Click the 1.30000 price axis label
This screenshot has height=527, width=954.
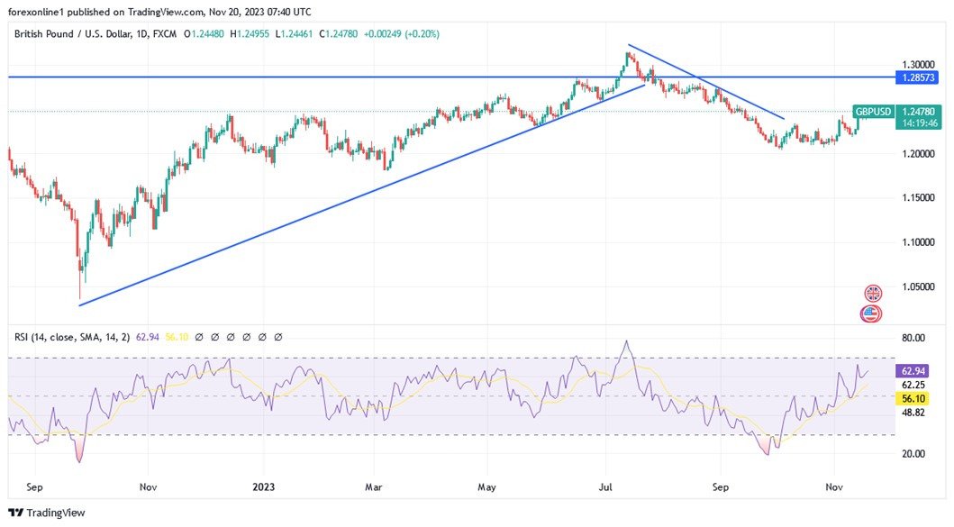pos(918,65)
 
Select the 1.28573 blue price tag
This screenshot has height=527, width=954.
pos(919,78)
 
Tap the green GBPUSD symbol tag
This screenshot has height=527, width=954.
pos(873,112)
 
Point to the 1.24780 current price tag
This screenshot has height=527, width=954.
pos(919,112)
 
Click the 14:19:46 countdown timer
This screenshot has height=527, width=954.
pos(918,124)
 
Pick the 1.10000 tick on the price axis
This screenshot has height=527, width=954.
pos(918,242)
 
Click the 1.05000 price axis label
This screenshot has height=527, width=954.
pos(918,287)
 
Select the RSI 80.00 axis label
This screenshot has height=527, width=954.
pos(913,338)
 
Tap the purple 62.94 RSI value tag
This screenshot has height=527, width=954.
pos(912,370)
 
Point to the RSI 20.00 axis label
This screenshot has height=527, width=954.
pos(913,453)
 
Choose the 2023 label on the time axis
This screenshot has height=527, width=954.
pos(264,487)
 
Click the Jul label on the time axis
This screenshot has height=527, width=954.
pos(605,487)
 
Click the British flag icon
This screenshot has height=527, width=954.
pos(872,294)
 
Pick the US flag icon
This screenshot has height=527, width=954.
pos(871,313)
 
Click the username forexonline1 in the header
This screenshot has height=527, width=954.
pos(42,12)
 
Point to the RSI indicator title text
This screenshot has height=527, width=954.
pos(71,337)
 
